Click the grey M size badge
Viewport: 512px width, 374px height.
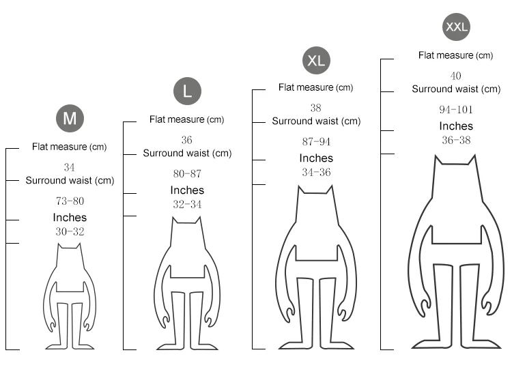tap(70, 119)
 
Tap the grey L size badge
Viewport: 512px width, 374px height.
tap(187, 91)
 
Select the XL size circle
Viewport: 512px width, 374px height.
tap(316, 60)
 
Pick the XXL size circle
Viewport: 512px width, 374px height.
tap(456, 27)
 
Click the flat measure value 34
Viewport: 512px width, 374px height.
tap(69, 167)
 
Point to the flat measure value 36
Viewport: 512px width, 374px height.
tap(186, 140)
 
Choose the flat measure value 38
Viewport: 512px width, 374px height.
tap(315, 108)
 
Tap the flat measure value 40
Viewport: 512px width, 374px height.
tap(456, 76)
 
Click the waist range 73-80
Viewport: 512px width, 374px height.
tap(69, 201)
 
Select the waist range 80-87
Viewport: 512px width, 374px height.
tap(186, 174)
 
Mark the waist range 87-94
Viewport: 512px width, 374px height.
tap(316, 142)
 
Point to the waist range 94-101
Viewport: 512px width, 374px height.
tap(456, 109)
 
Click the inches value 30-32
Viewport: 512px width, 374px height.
tap(70, 231)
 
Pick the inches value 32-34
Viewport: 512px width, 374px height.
tap(186, 204)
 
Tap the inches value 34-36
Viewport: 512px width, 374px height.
tap(316, 172)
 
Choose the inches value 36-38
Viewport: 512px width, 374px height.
tap(456, 140)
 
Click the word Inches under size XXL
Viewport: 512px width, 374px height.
tap(456, 126)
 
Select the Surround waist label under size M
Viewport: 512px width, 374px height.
tap(70, 181)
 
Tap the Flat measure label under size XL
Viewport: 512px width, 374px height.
tap(315, 87)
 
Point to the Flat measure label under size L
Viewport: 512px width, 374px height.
tap(186, 120)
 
